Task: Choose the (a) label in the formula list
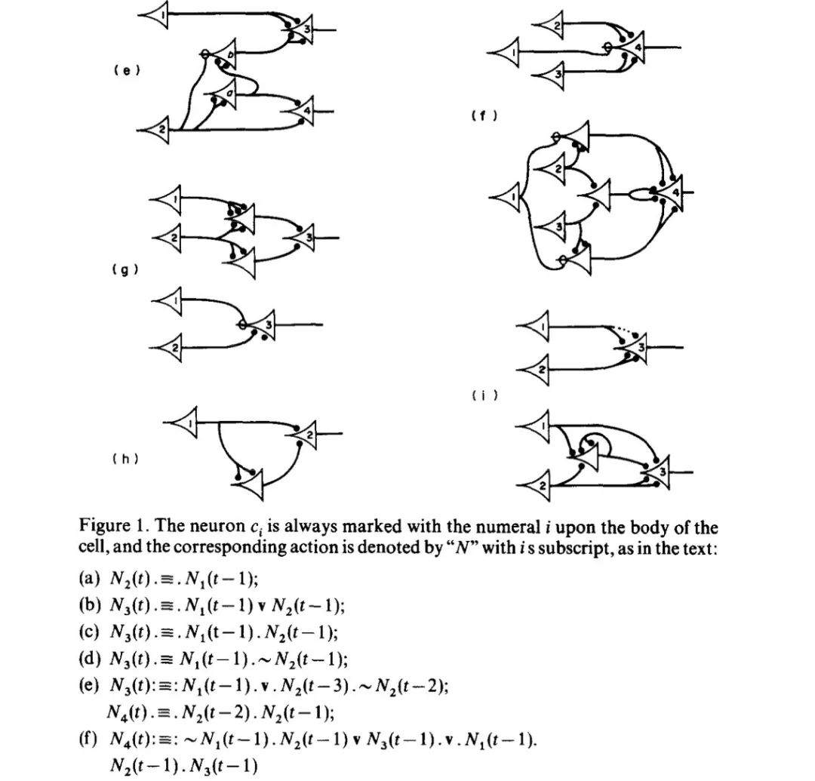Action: pyautogui.click(x=88, y=580)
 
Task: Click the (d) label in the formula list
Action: pyautogui.click(x=88, y=658)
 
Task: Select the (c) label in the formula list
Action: pyautogui.click(x=88, y=632)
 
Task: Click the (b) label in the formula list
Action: pyautogui.click(x=88, y=606)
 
